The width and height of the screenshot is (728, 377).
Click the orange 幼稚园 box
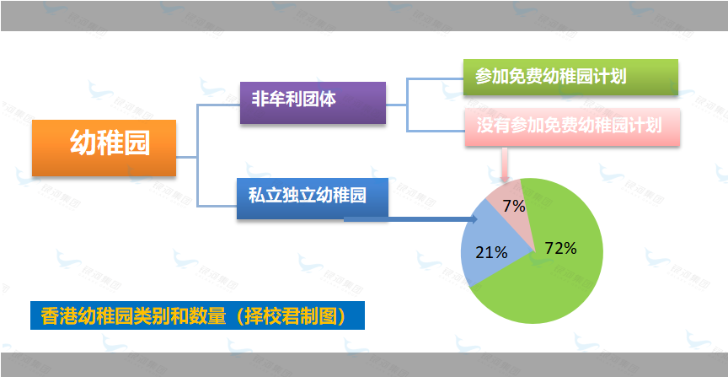coord(104,148)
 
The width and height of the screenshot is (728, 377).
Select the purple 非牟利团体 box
coord(313,103)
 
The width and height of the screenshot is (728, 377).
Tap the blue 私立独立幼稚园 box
coord(313,198)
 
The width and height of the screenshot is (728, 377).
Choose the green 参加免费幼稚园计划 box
coord(570,77)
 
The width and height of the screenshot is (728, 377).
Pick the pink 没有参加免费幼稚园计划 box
coord(572,127)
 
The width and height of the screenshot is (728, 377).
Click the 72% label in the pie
coord(561,249)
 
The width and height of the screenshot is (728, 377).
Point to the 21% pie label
coord(492,252)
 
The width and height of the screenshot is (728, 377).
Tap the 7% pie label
coord(514,206)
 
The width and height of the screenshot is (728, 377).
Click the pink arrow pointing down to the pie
coord(505,164)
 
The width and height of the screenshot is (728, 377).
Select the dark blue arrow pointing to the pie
coord(411,219)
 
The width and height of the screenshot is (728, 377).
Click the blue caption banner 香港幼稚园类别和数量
coord(197,315)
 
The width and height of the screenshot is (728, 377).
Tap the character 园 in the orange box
coord(137,143)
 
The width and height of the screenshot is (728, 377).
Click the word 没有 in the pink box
coord(493,126)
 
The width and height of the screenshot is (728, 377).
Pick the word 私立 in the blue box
coord(265,196)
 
